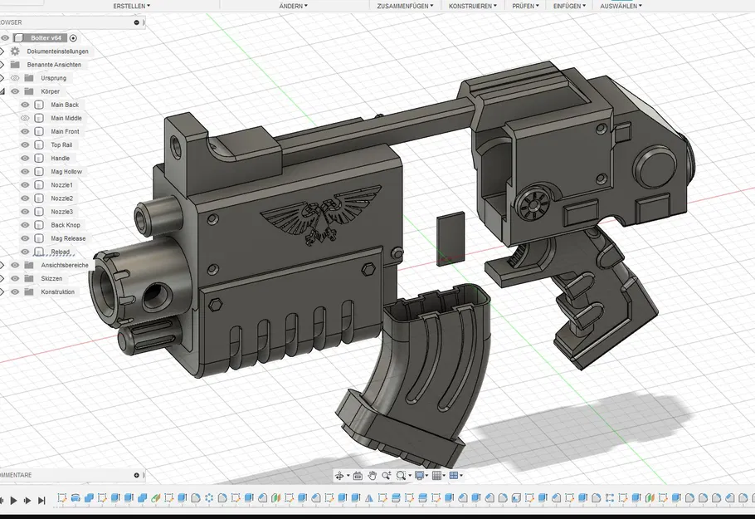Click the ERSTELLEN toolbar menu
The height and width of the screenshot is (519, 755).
[x=131, y=6]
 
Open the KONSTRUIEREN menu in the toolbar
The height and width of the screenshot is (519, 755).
[x=472, y=6]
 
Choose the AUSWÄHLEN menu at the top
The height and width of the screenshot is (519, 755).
[x=621, y=6]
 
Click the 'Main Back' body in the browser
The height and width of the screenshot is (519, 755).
[x=65, y=105]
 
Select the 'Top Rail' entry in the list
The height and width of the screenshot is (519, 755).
[x=61, y=144]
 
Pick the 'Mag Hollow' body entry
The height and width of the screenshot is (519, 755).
[x=66, y=171]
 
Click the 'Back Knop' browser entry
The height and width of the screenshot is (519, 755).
[x=66, y=225]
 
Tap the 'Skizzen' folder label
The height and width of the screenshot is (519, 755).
[x=53, y=278]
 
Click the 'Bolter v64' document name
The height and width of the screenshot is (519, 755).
[x=46, y=38]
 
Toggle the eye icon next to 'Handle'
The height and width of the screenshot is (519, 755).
[x=25, y=158]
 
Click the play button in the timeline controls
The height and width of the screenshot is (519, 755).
[x=13, y=500]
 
